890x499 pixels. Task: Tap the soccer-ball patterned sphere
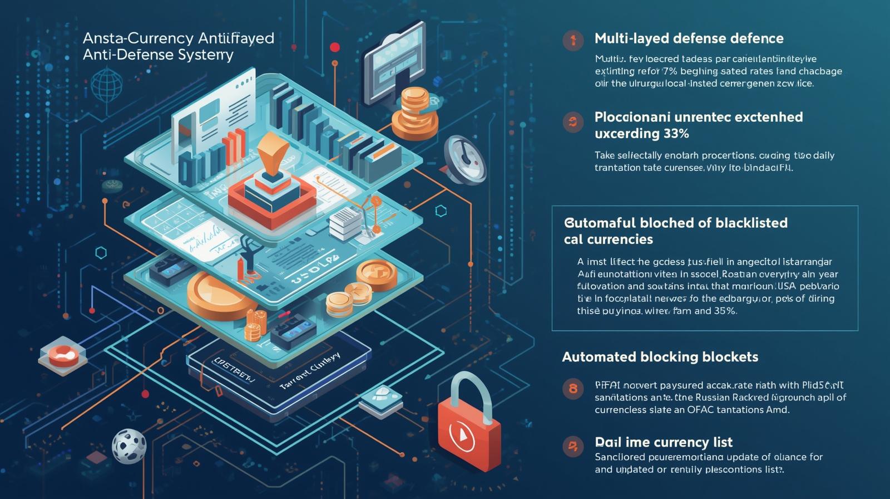pos(128,446)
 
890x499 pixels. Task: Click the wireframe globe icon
pos(106,86)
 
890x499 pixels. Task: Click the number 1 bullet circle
pos(572,40)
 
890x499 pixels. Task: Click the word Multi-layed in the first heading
pos(631,38)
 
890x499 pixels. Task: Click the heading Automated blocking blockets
pos(660,357)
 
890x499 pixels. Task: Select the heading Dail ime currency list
pos(664,442)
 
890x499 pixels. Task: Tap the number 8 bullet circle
pos(572,388)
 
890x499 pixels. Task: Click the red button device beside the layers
pos(63,354)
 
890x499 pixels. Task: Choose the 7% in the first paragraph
pos(654,71)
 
